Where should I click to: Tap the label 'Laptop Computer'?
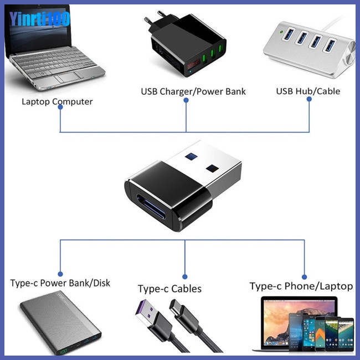[57, 101]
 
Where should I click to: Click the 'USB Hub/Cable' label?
[308, 91]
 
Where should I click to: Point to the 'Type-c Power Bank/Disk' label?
[60, 283]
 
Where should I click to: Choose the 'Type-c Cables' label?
[169, 289]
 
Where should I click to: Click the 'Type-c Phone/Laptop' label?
[301, 286]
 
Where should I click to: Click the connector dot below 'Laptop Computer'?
[60, 107]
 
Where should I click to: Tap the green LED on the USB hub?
[283, 32]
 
